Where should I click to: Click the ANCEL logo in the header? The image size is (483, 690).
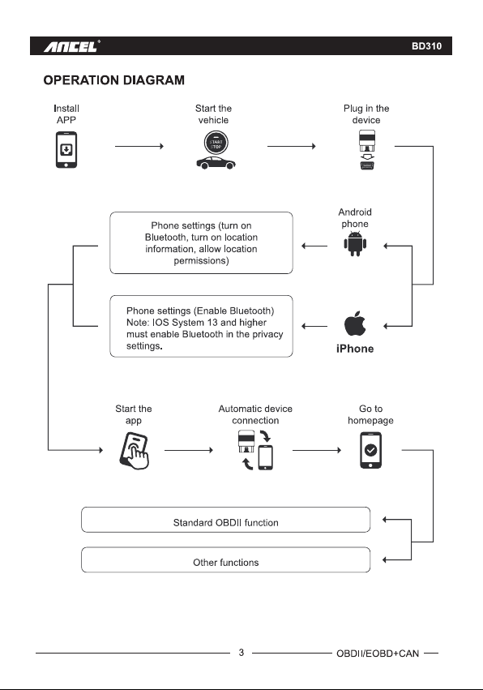pyautogui.click(x=71, y=46)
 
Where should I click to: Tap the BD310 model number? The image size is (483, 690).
pyautogui.click(x=426, y=46)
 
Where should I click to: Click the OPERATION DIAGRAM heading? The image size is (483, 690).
pyautogui.click(x=114, y=80)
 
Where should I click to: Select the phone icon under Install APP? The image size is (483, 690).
pyautogui.click(x=66, y=150)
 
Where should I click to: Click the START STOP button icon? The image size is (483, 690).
pyautogui.click(x=216, y=144)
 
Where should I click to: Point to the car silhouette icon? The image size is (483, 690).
pyautogui.click(x=216, y=163)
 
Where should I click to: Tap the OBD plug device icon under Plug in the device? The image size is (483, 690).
pyautogui.click(x=367, y=150)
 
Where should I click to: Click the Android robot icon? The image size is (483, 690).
pyautogui.click(x=355, y=243)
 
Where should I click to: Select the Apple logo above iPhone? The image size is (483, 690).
pyautogui.click(x=355, y=324)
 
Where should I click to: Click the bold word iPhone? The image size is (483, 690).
pyautogui.click(x=355, y=349)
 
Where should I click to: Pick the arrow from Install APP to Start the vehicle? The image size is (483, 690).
pyautogui.click(x=139, y=146)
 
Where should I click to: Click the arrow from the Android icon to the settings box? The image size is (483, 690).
pyautogui.click(x=314, y=246)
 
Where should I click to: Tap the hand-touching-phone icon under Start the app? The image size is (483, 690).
pyautogui.click(x=135, y=451)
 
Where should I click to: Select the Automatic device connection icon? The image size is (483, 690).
pyautogui.click(x=255, y=450)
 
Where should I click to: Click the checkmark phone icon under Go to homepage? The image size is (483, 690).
pyautogui.click(x=371, y=450)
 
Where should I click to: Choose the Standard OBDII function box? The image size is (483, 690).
pyautogui.click(x=225, y=520)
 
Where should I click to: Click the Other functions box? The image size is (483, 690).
pyautogui.click(x=225, y=559)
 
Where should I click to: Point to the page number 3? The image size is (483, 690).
pyautogui.click(x=241, y=653)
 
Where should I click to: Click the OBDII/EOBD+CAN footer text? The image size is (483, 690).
pyautogui.click(x=378, y=654)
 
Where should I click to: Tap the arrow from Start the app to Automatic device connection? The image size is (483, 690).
pyautogui.click(x=189, y=450)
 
